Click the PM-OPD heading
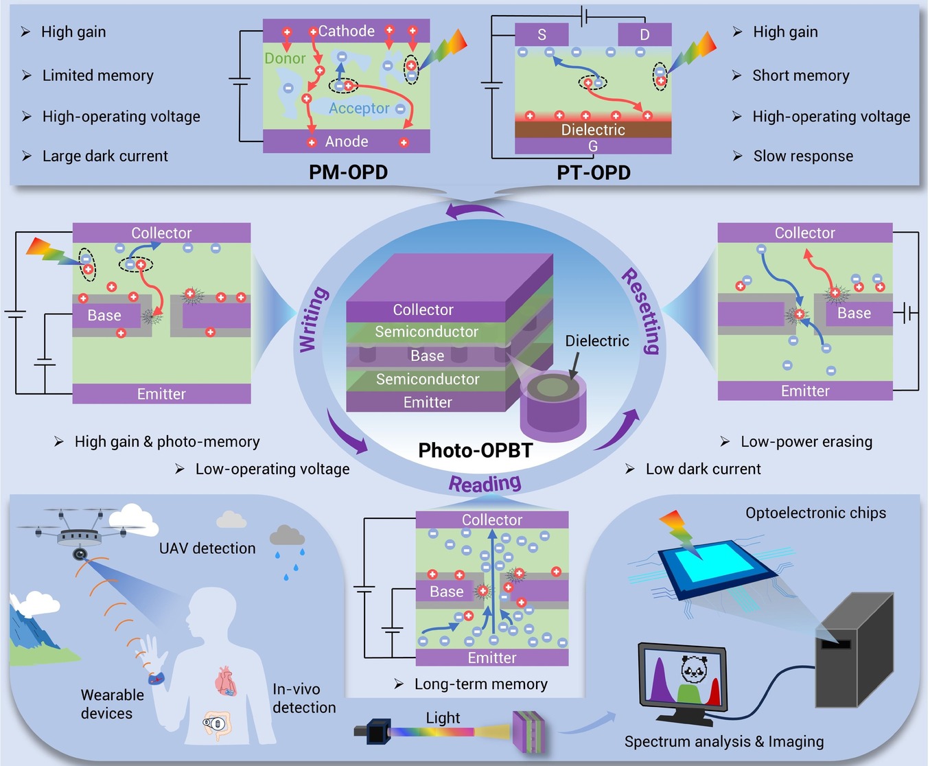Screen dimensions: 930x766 (348, 172)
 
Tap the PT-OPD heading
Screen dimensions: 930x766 (593, 173)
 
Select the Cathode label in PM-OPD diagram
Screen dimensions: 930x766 (346, 31)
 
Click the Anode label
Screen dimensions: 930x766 (347, 141)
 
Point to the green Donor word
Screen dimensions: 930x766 (285, 58)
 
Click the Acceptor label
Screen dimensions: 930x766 (359, 108)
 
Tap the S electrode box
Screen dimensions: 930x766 (542, 34)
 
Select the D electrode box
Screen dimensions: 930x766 (644, 34)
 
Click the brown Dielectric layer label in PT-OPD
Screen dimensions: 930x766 (593, 130)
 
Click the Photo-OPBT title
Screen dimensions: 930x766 (475, 450)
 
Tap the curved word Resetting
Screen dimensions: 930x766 (641, 310)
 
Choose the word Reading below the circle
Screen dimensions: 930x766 (485, 484)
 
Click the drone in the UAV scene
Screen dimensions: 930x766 (80, 532)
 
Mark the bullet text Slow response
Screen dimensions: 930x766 (803, 156)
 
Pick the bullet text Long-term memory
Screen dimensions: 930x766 (481, 684)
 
